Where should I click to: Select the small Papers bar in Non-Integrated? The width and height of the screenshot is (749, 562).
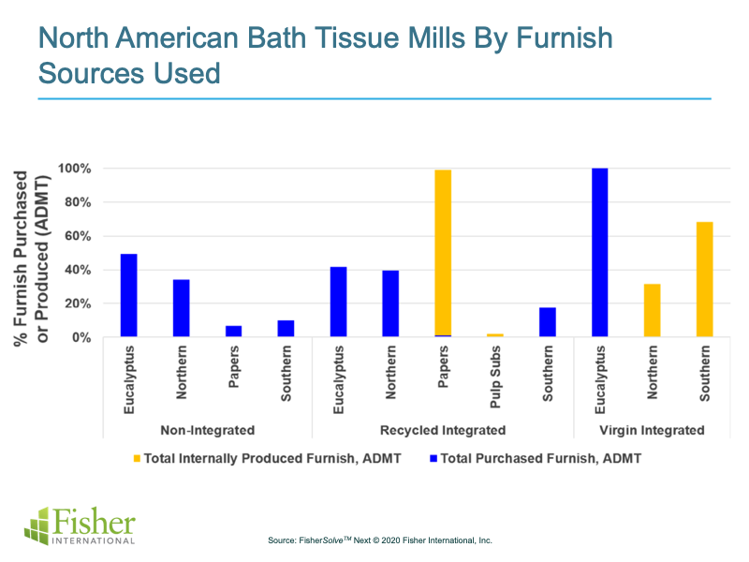click(x=233, y=332)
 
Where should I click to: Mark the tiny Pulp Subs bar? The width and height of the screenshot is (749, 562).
click(x=494, y=335)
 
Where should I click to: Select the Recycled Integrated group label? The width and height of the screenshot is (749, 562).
click(x=443, y=430)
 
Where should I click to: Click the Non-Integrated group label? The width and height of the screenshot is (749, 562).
click(x=207, y=430)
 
